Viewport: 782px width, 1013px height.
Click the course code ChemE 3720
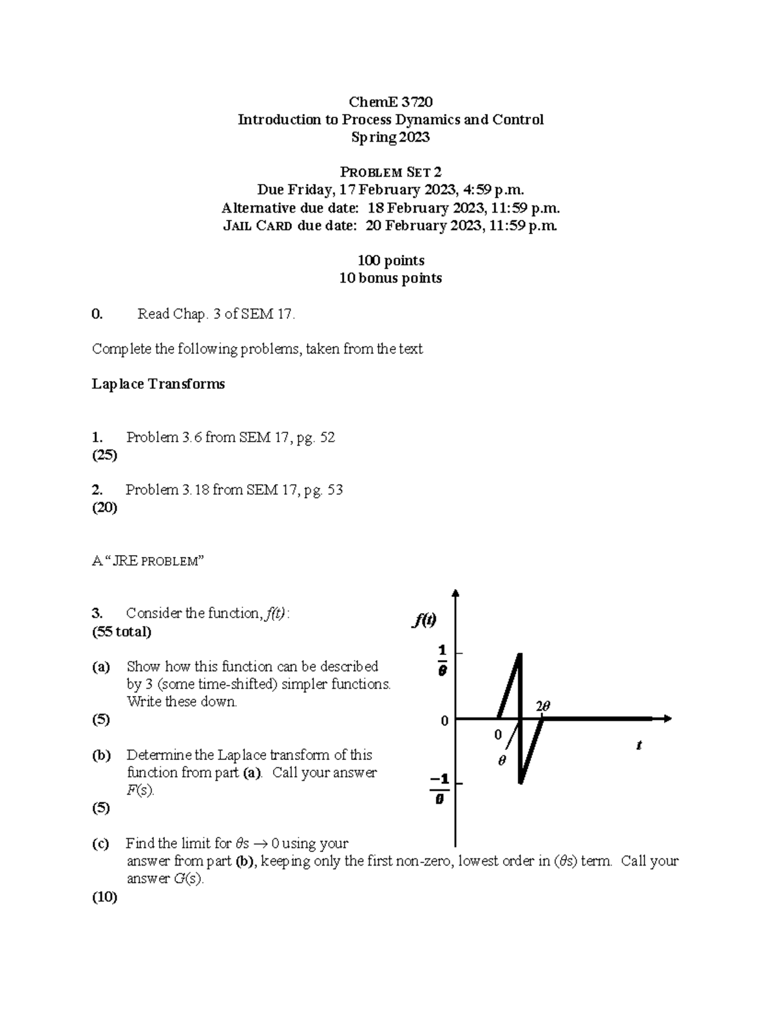pos(390,102)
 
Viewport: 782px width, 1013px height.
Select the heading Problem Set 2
pos(390,172)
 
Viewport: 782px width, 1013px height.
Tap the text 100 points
pos(390,260)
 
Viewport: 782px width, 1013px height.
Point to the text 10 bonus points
pos(390,278)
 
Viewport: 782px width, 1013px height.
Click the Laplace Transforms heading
pos(158,384)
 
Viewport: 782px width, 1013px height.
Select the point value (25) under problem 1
pos(104,455)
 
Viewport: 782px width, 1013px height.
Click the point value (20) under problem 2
pos(104,507)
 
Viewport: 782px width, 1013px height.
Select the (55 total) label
pos(122,631)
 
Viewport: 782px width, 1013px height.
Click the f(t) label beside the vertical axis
pos(424,620)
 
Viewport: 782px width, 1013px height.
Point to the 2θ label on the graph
pos(543,706)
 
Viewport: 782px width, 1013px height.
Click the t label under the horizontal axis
pos(639,745)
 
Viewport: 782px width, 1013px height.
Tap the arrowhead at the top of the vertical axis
pos(456,593)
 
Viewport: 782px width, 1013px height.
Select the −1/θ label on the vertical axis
pos(441,789)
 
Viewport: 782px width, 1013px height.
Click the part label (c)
pos(100,843)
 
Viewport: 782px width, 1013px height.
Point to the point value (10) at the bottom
pos(104,897)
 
